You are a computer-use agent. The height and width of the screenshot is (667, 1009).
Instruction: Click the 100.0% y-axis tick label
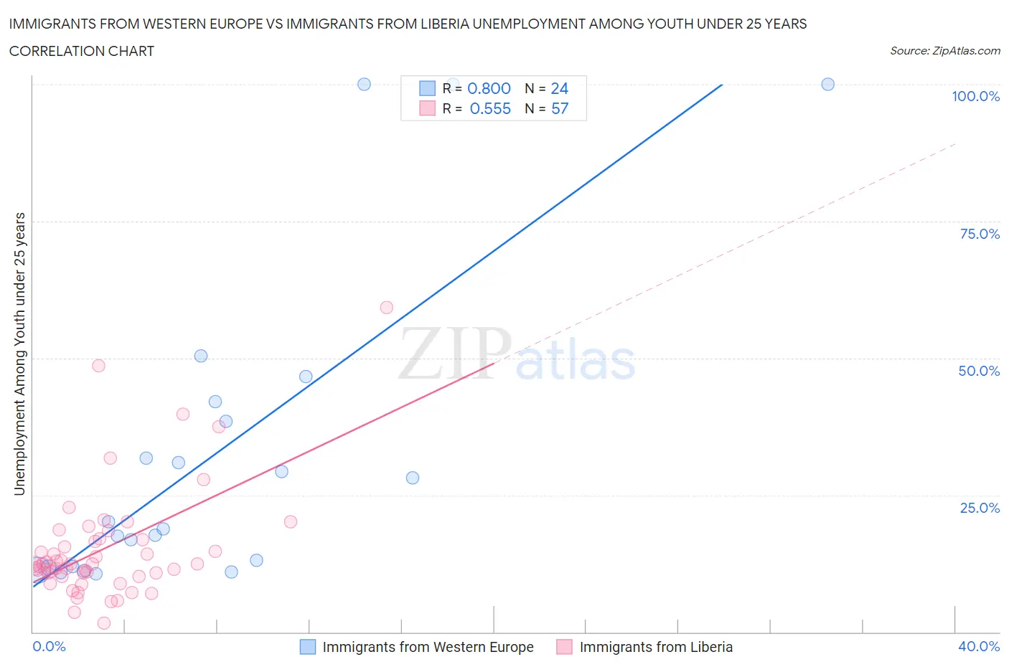click(975, 96)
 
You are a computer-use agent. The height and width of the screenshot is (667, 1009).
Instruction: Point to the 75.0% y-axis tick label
click(980, 234)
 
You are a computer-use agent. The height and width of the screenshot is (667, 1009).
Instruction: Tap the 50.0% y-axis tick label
click(979, 371)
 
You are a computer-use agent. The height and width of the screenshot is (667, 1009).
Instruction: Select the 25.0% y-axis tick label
click(980, 508)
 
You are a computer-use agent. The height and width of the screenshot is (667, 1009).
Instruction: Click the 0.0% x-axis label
click(49, 646)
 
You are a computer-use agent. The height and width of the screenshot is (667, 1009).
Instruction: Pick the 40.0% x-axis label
click(979, 646)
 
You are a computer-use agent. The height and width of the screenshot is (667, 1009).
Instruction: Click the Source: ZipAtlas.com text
click(944, 51)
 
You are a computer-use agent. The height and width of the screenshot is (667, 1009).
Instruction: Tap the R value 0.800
click(489, 88)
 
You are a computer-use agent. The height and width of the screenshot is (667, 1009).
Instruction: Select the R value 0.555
click(490, 108)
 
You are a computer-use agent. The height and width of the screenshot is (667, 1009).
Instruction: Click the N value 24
click(559, 88)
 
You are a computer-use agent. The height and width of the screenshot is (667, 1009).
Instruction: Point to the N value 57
click(559, 108)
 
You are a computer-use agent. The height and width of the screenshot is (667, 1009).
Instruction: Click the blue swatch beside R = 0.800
click(427, 88)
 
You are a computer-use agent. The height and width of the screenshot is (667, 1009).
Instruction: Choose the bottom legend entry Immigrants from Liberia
click(655, 647)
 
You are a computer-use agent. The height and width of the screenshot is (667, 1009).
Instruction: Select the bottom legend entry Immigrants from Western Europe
click(427, 647)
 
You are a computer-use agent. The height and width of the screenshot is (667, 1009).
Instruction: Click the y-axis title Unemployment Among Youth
click(19, 354)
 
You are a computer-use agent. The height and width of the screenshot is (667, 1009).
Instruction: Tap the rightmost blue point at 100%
click(827, 84)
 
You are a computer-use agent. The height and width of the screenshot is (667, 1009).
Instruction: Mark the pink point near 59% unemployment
click(386, 308)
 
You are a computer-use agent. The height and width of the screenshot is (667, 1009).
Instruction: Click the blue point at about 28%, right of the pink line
click(412, 478)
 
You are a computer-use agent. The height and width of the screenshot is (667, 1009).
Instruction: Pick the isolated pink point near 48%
click(98, 366)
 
